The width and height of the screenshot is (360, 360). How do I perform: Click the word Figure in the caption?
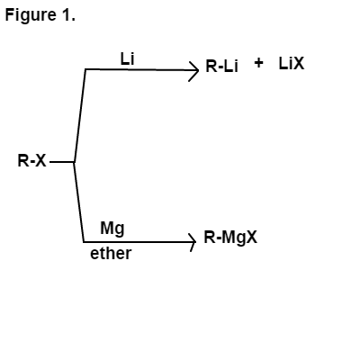coord(31,15)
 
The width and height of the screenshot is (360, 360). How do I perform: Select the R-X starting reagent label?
coord(32,161)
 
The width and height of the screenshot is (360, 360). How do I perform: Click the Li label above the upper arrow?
coord(127,58)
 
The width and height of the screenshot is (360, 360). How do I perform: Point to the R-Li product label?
coord(221,66)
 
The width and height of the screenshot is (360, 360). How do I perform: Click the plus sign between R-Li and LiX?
coord(258,63)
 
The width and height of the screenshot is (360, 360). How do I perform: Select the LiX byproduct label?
coord(292,64)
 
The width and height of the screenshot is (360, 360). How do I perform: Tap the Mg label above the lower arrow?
coord(112,229)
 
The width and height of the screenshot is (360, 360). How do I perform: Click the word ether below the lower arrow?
coord(111,254)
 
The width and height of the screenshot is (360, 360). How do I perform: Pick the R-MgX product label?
coord(230,238)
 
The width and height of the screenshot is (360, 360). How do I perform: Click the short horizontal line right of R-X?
coord(62,162)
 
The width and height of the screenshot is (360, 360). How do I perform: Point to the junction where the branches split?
coord(74,162)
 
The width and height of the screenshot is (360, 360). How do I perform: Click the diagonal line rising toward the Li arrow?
coord(80,116)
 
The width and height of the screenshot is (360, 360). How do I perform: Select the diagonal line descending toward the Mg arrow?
coord(78,202)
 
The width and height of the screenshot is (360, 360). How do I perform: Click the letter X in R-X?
coord(40,161)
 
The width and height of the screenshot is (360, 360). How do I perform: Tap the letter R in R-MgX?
coord(210,238)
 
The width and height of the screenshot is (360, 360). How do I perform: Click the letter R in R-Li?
coord(211,66)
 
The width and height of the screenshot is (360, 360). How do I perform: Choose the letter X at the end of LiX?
coord(298,64)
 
